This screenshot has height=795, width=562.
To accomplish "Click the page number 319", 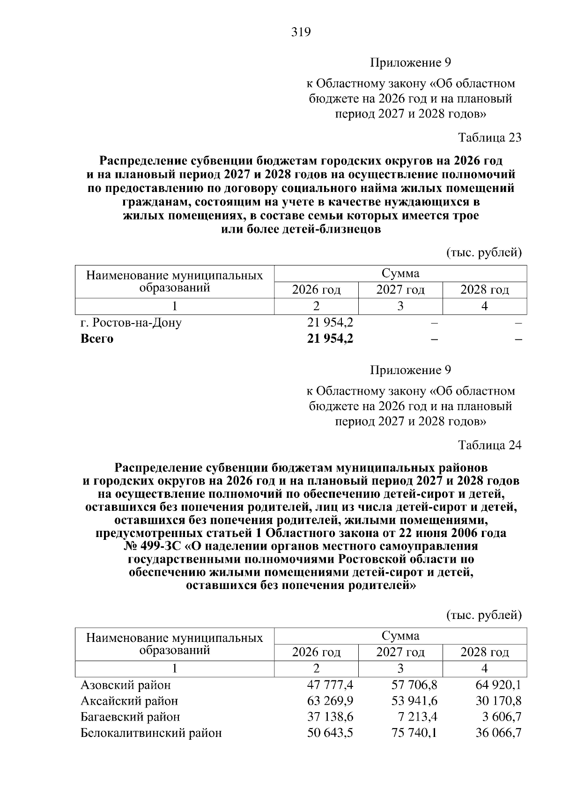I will [301, 32].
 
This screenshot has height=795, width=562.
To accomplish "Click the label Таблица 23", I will [489, 138].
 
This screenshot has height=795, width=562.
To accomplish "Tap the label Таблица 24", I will [489, 445].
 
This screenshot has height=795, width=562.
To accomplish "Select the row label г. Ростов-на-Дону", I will [131, 323].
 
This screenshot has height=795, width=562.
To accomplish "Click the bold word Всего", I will [97, 339].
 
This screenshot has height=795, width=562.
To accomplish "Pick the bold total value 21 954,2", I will [330, 339].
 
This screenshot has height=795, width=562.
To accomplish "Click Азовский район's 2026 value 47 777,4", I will [330, 685].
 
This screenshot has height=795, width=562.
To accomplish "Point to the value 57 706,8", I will [414, 685].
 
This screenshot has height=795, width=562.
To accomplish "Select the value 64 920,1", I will [498, 685].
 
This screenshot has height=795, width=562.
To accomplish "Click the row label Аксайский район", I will [129, 701].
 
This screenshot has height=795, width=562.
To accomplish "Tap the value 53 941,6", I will [414, 701].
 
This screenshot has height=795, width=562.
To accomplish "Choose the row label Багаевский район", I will [130, 717].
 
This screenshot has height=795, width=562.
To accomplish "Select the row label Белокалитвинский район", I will [151, 733].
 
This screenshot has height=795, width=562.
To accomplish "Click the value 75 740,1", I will [414, 733].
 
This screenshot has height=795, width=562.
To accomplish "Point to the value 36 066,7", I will [498, 733].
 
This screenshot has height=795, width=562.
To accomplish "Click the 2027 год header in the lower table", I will [400, 652].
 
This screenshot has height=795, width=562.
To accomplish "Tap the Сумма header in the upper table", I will [400, 273].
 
